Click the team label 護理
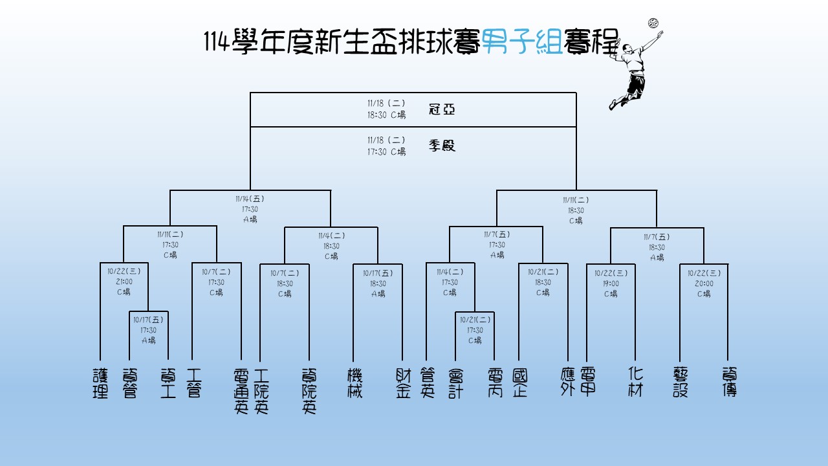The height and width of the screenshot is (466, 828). [100, 383]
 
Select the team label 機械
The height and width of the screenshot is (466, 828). [354, 383]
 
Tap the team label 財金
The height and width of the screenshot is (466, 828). [403, 383]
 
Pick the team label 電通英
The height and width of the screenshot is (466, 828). [241, 391]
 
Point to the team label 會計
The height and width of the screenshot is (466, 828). [456, 383]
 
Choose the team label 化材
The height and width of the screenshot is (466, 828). [635, 382]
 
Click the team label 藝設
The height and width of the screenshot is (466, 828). [681, 383]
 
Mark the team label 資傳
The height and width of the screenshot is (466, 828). [729, 383]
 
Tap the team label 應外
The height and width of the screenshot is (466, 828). [567, 383]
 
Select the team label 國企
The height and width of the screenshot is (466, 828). [519, 383]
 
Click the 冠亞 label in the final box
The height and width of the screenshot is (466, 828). [442, 109]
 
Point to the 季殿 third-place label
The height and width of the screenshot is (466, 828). [442, 146]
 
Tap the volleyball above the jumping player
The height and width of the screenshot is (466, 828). [653, 24]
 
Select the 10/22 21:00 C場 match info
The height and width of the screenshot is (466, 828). [124, 282]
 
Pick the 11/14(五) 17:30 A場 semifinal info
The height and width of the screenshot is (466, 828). [250, 209]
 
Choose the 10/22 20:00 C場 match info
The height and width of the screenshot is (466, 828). [704, 283]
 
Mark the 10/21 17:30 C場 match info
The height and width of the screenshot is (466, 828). [475, 329]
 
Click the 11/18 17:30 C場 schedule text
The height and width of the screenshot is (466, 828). [386, 146]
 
